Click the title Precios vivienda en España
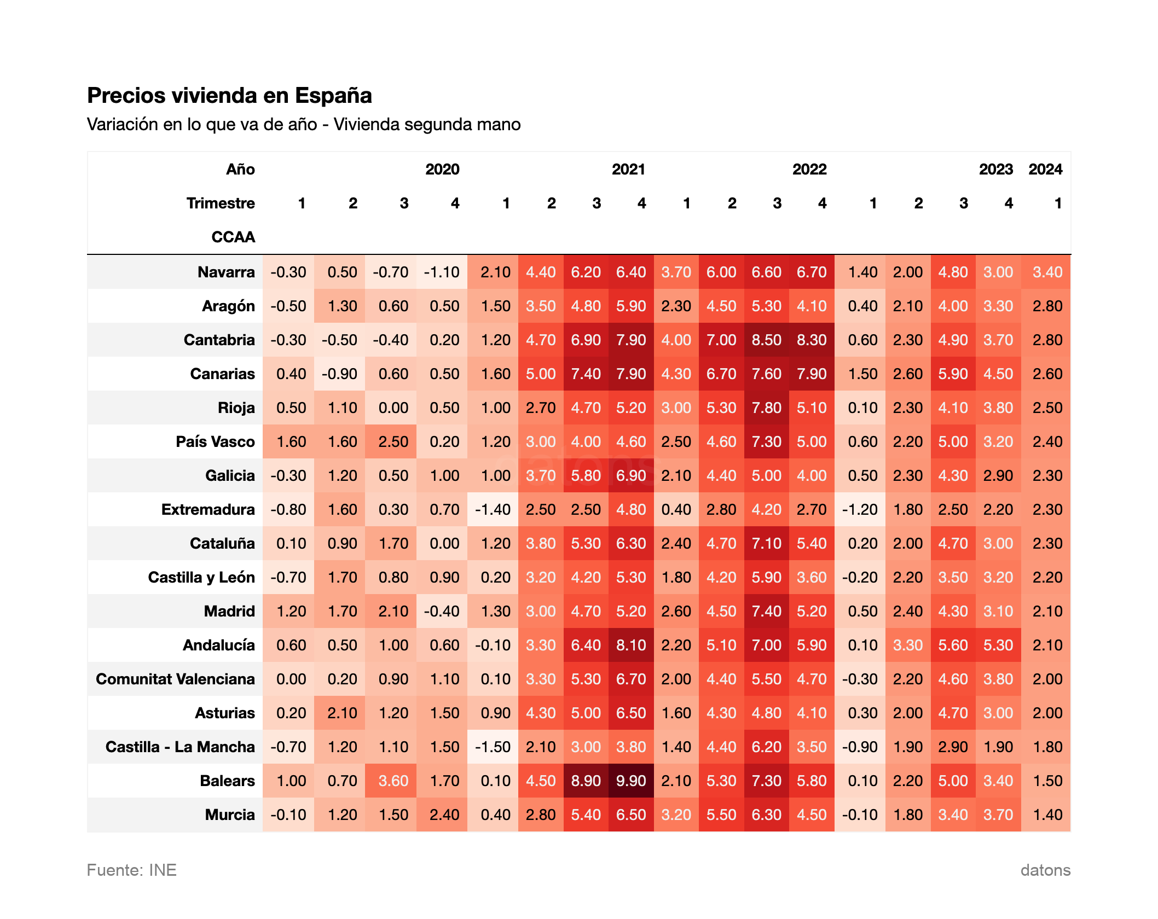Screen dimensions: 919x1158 coord(229,95)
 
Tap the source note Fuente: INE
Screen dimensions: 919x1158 coord(131,870)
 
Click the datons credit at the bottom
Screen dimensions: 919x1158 coord(1045,870)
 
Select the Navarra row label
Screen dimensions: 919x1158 coord(226,272)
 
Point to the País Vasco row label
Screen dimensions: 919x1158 coord(215,441)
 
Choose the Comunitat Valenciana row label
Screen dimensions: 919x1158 coord(175,679)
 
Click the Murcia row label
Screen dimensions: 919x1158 coord(230,815)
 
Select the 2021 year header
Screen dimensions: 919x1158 coord(628,169)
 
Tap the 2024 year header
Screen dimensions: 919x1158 coord(1045,169)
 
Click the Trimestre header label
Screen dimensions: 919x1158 coord(221,203)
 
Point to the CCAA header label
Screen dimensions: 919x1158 coord(233,237)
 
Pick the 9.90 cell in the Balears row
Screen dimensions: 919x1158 coord(631,781)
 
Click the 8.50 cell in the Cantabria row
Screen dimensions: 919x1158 coord(766,340)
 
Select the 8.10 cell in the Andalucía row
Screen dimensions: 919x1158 coord(631,645)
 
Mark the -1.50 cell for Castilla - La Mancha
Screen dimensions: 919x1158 coord(493,747)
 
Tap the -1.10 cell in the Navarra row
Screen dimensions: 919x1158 coord(442,272)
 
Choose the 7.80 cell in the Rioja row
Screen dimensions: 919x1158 coord(766,408)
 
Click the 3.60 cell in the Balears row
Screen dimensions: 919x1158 coord(393,781)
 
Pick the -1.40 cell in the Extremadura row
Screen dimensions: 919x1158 coord(493,509)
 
